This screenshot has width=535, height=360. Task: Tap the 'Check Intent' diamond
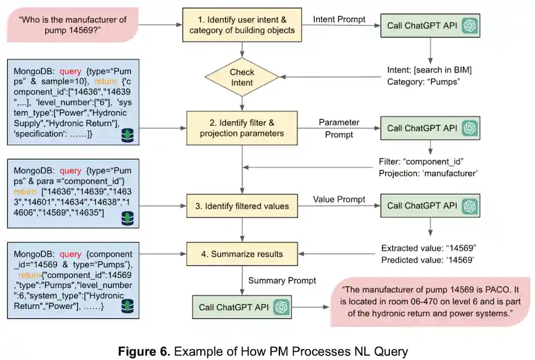242,77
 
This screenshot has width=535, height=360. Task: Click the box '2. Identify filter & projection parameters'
242,128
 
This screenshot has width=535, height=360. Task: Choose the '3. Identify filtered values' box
242,206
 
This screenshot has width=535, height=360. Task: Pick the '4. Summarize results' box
242,254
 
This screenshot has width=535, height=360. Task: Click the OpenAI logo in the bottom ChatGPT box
281,307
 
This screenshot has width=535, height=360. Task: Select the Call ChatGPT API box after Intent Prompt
430,26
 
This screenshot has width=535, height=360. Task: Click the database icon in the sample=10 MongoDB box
127,136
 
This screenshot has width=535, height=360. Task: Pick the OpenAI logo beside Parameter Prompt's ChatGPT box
470,128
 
